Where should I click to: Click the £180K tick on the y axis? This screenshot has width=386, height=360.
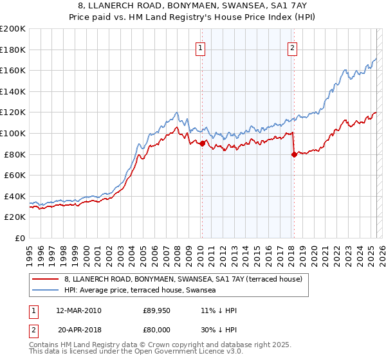tap(13, 50)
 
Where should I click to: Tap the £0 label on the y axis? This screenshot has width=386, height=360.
tap(21, 238)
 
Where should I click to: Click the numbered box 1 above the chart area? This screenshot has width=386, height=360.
tap(201, 48)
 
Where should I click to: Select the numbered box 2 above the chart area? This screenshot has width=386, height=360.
tap(292, 48)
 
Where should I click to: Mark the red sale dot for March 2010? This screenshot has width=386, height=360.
tap(201, 143)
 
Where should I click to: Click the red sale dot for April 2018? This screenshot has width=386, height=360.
tap(294, 154)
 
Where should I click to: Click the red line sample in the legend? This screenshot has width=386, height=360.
tap(45, 279)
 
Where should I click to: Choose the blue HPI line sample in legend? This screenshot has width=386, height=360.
tap(45, 290)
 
